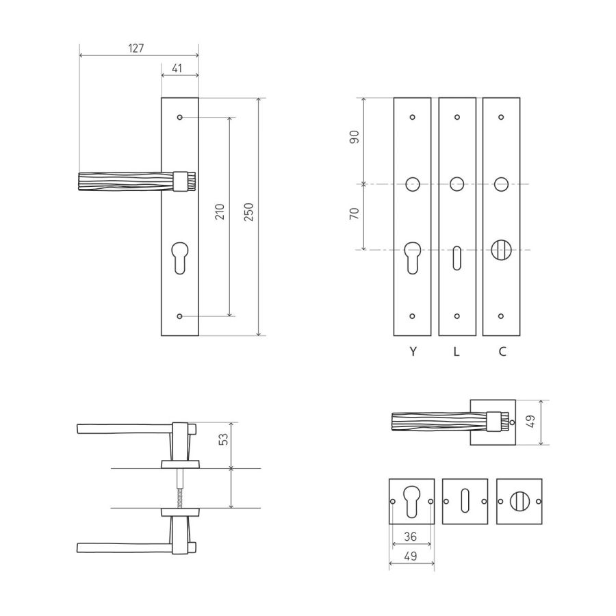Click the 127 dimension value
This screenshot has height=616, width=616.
pyautogui.click(x=136, y=49)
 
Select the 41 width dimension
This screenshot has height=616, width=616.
pyautogui.click(x=177, y=68)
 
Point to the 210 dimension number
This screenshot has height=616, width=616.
pyautogui.click(x=220, y=211)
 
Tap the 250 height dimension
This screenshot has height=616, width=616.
pyautogui.click(x=248, y=212)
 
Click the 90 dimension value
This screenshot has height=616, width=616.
pyautogui.click(x=355, y=137)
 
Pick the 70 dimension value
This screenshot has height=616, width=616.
pyautogui.click(x=355, y=214)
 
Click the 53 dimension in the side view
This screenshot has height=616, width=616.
pyautogui.click(x=222, y=439)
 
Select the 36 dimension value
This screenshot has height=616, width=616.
pyautogui.click(x=410, y=537)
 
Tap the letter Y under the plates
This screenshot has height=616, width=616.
pyautogui.click(x=413, y=351)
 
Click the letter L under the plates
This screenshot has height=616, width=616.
pyautogui.click(x=456, y=351)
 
